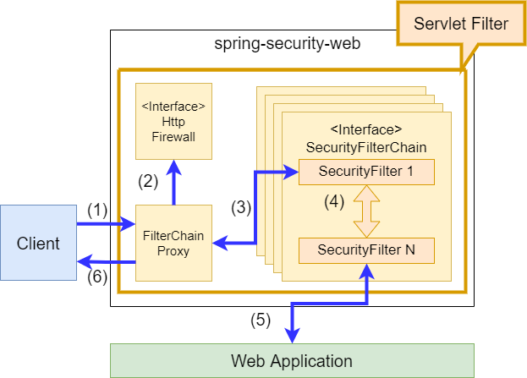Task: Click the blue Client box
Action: pos(39,244)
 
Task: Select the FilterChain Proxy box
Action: pos(173,244)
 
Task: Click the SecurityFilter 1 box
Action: pos(365,173)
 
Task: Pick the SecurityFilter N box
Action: pos(365,250)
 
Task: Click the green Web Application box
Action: pos(292,360)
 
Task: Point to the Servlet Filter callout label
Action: pos(461,24)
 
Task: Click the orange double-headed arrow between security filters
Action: pos(365,211)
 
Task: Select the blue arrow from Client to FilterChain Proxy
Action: pos(106,225)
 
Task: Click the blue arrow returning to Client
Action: pos(106,262)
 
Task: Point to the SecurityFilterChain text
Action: pos(365,146)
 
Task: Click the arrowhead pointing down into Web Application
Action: pos(292,336)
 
